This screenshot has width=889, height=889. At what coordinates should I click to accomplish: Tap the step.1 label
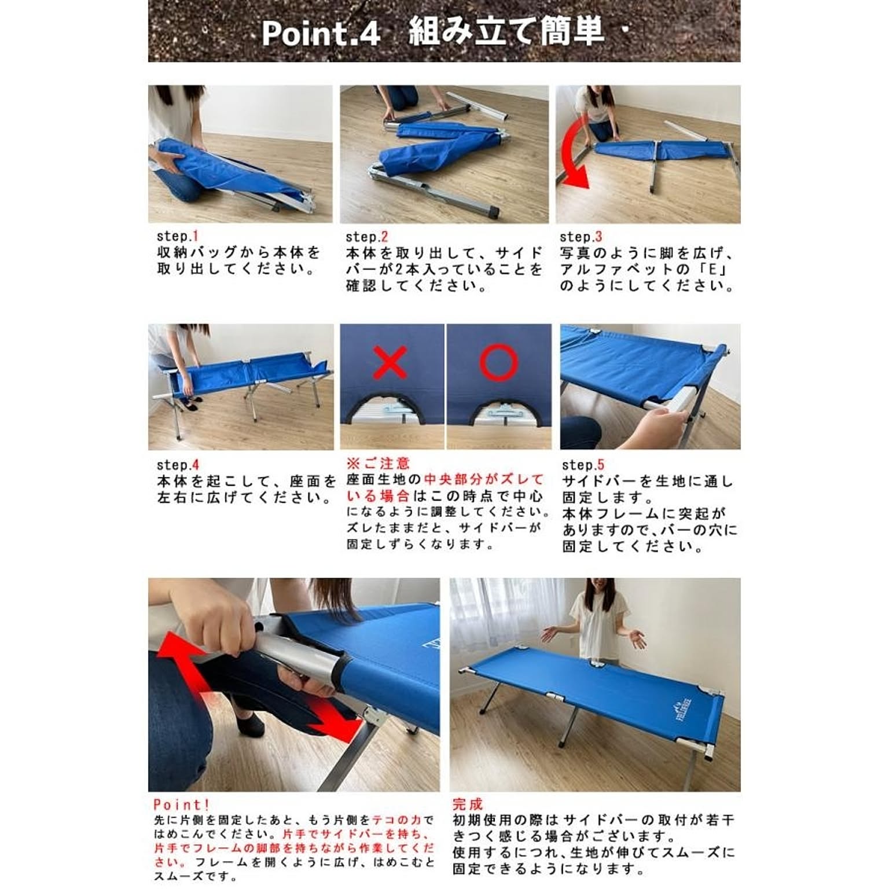point(178,236)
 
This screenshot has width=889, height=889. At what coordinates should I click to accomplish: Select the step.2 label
point(367,237)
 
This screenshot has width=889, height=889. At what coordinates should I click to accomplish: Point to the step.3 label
point(581,237)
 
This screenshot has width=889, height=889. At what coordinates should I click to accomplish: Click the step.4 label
point(178,465)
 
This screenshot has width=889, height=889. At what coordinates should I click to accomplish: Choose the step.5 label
point(583,465)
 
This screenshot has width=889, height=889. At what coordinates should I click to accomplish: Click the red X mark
point(391,362)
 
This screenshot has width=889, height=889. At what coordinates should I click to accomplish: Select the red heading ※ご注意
point(378,464)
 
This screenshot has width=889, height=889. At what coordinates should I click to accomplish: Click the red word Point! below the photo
point(181,804)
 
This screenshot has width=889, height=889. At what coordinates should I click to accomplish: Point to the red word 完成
point(467,804)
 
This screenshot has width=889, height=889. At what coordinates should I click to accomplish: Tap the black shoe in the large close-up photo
point(250,723)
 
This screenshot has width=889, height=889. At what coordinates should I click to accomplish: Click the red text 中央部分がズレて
point(484,480)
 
